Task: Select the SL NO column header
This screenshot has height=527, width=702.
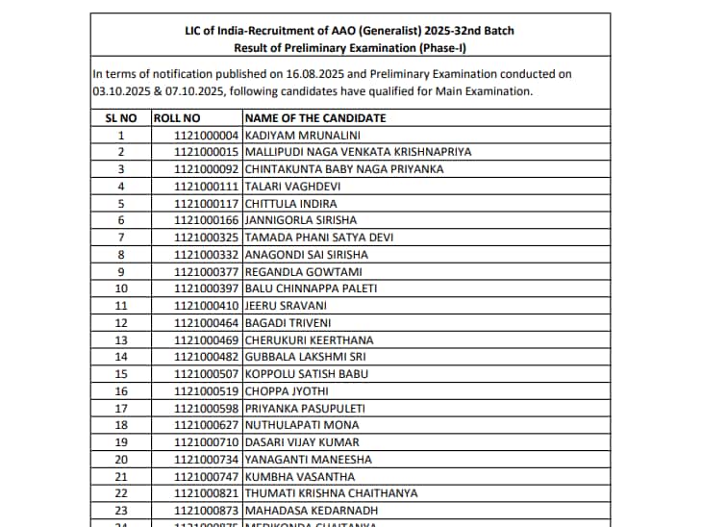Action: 120,117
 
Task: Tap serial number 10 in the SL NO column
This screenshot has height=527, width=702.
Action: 121,289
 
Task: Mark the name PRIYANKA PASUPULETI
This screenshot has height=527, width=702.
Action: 305,408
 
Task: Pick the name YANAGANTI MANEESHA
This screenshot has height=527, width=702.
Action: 307,460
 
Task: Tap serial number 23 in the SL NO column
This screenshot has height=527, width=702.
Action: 121,511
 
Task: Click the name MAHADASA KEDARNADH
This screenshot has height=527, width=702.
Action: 312,511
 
